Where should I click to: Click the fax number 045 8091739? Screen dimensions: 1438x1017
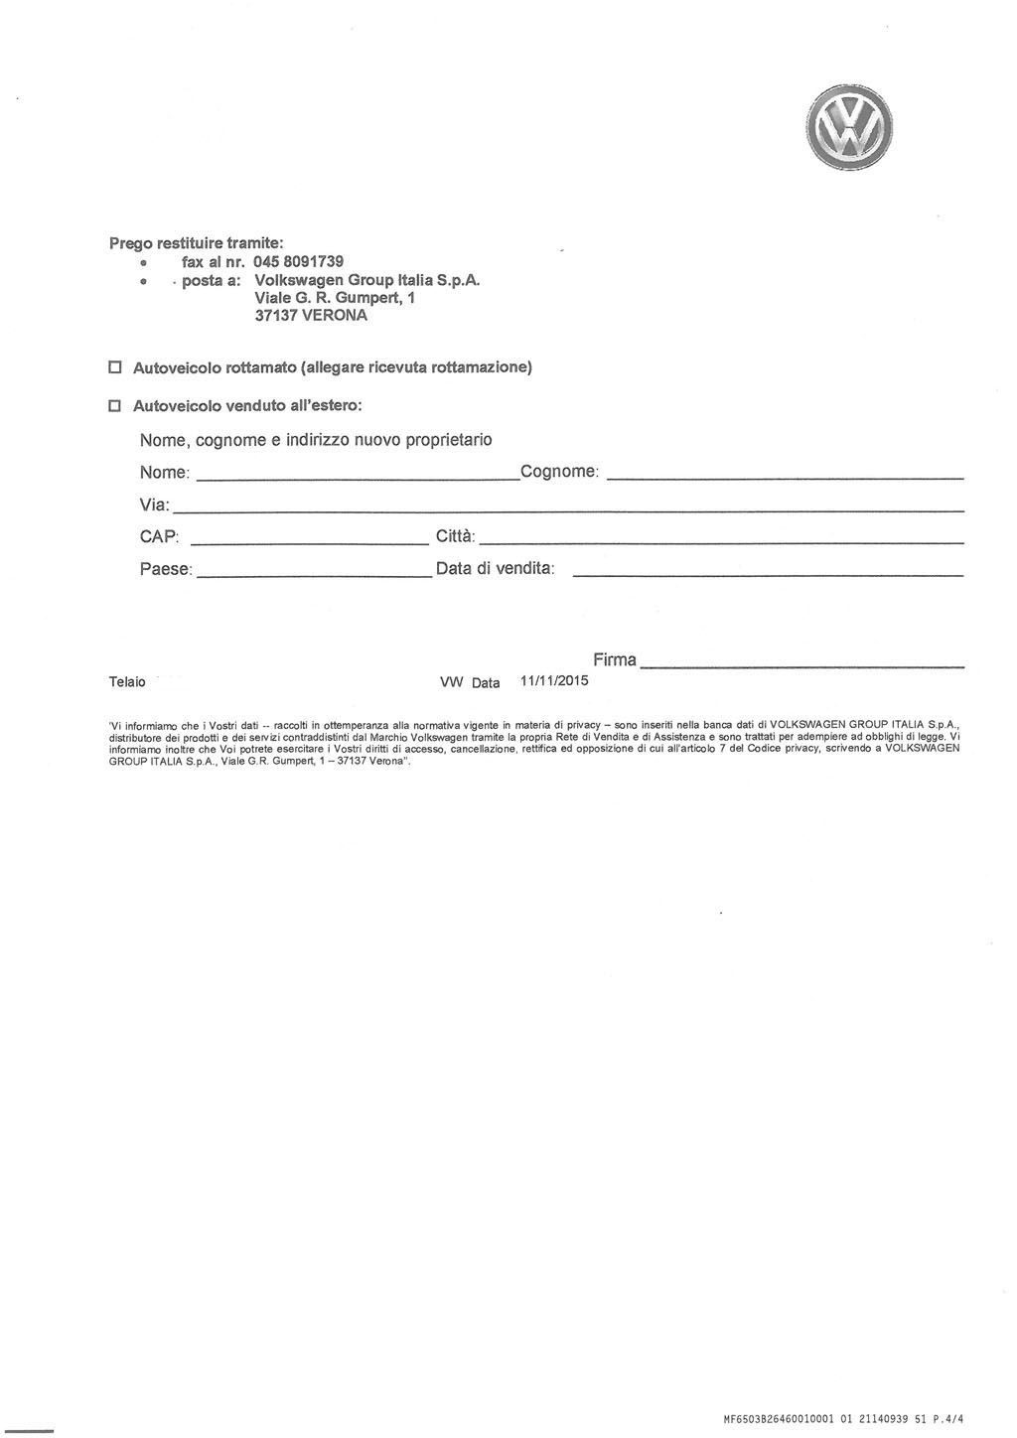click(x=298, y=261)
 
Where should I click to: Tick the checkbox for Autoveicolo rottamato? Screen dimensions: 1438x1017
click(x=114, y=367)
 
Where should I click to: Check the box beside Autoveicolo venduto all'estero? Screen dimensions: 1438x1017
click(x=114, y=406)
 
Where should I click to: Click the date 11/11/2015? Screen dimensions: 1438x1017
click(x=554, y=681)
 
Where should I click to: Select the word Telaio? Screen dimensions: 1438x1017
click(x=127, y=682)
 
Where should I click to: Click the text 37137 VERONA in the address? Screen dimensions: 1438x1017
click(x=311, y=316)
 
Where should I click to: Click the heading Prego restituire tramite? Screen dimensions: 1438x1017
click(x=196, y=242)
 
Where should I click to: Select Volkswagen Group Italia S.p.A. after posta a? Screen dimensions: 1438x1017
click(x=367, y=280)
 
